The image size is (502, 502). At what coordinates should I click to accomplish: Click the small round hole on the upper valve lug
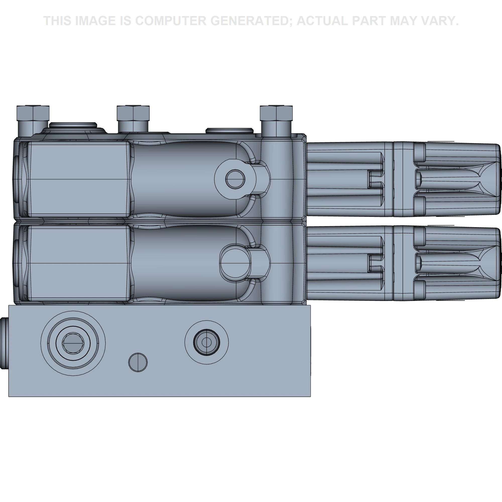point(235,179)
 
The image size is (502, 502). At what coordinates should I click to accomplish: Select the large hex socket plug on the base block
point(73,343)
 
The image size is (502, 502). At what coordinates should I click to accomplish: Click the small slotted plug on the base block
point(138,362)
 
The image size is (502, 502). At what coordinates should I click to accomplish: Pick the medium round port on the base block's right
point(207,342)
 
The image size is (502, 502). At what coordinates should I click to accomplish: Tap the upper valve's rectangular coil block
point(78,179)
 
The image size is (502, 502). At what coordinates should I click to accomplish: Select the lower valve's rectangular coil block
point(78,263)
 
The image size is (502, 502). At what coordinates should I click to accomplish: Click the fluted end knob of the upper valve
point(457,179)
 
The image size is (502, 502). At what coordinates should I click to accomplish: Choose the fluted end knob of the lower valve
point(457,263)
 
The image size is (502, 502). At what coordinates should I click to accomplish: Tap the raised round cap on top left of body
point(73,125)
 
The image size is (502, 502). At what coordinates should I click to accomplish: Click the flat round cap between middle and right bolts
point(229,130)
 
